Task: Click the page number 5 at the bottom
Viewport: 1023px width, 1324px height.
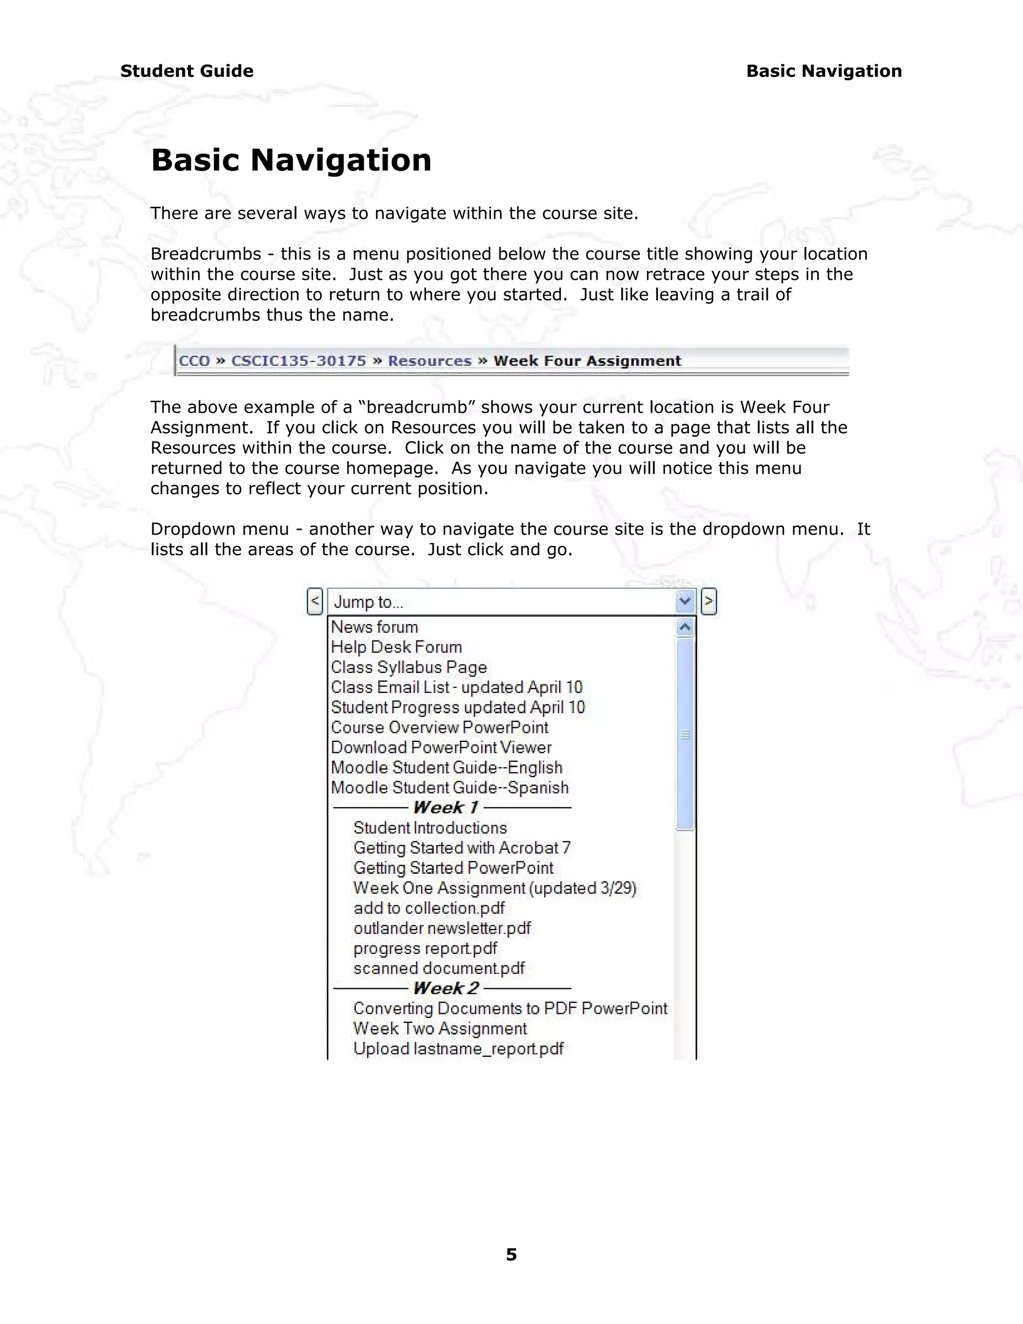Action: point(511,1254)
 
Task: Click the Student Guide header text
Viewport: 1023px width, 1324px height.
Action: point(187,71)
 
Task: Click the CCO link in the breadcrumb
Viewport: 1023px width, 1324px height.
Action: point(194,361)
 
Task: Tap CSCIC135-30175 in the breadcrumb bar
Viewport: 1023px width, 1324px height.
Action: point(299,361)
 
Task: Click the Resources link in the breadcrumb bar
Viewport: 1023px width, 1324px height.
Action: point(429,361)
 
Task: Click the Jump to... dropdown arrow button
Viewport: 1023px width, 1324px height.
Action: point(685,602)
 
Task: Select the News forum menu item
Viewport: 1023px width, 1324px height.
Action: point(375,627)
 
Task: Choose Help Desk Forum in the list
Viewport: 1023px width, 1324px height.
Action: point(396,647)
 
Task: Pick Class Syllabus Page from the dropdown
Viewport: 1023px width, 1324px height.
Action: point(409,667)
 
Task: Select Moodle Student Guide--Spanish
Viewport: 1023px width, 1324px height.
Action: point(450,787)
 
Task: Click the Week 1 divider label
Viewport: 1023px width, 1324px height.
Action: point(446,807)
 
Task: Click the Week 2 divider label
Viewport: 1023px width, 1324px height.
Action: point(446,988)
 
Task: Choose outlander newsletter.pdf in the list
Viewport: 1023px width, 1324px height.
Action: point(442,928)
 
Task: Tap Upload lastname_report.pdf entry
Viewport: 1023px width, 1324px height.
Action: point(458,1049)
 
